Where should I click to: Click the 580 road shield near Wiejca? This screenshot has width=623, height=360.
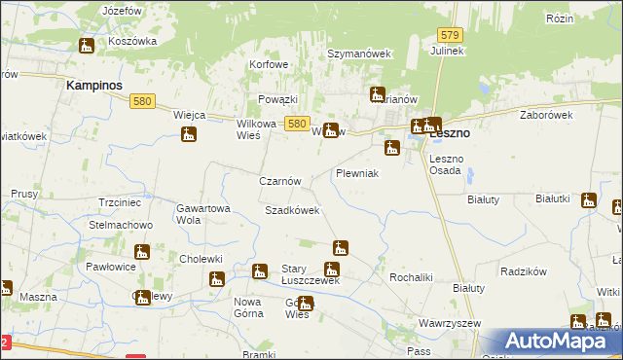point(144,100)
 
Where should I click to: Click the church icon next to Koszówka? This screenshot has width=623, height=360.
point(87,45)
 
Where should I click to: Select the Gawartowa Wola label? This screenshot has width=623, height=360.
point(202,214)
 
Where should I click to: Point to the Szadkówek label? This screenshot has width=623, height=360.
point(292,210)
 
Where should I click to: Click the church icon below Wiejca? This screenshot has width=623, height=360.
point(189,133)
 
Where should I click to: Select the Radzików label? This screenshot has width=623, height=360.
point(521,272)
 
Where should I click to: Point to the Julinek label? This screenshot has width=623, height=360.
point(444,50)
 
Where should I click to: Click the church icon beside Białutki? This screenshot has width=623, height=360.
point(588,200)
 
